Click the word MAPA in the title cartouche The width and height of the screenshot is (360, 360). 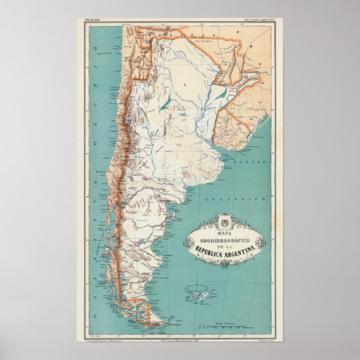[226, 226]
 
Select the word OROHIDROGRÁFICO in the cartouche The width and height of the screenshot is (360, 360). [226, 234]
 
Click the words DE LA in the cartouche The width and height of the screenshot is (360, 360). [226, 241]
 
